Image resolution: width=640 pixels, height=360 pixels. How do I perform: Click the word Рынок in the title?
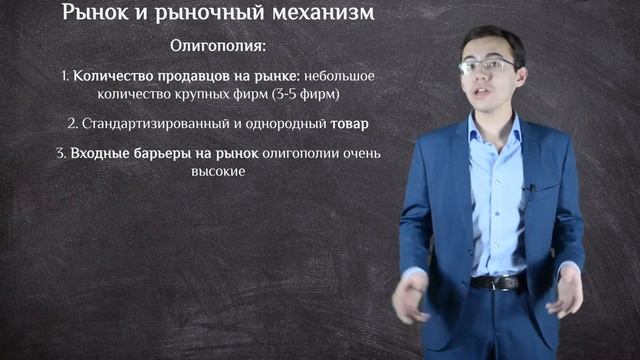click(98, 14)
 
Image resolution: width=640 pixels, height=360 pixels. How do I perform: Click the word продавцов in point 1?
click(184, 76)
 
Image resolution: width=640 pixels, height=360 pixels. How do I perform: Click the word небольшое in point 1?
click(345, 76)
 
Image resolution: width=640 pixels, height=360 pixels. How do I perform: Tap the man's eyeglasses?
click(487, 66)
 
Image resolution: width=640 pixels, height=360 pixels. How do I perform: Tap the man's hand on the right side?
click(566, 290)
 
